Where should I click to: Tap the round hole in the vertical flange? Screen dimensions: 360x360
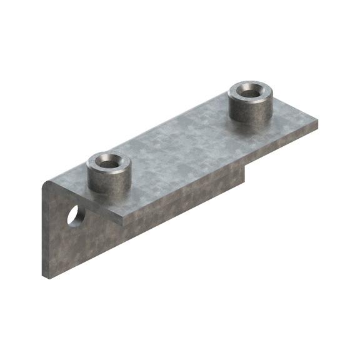tap(76, 216)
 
